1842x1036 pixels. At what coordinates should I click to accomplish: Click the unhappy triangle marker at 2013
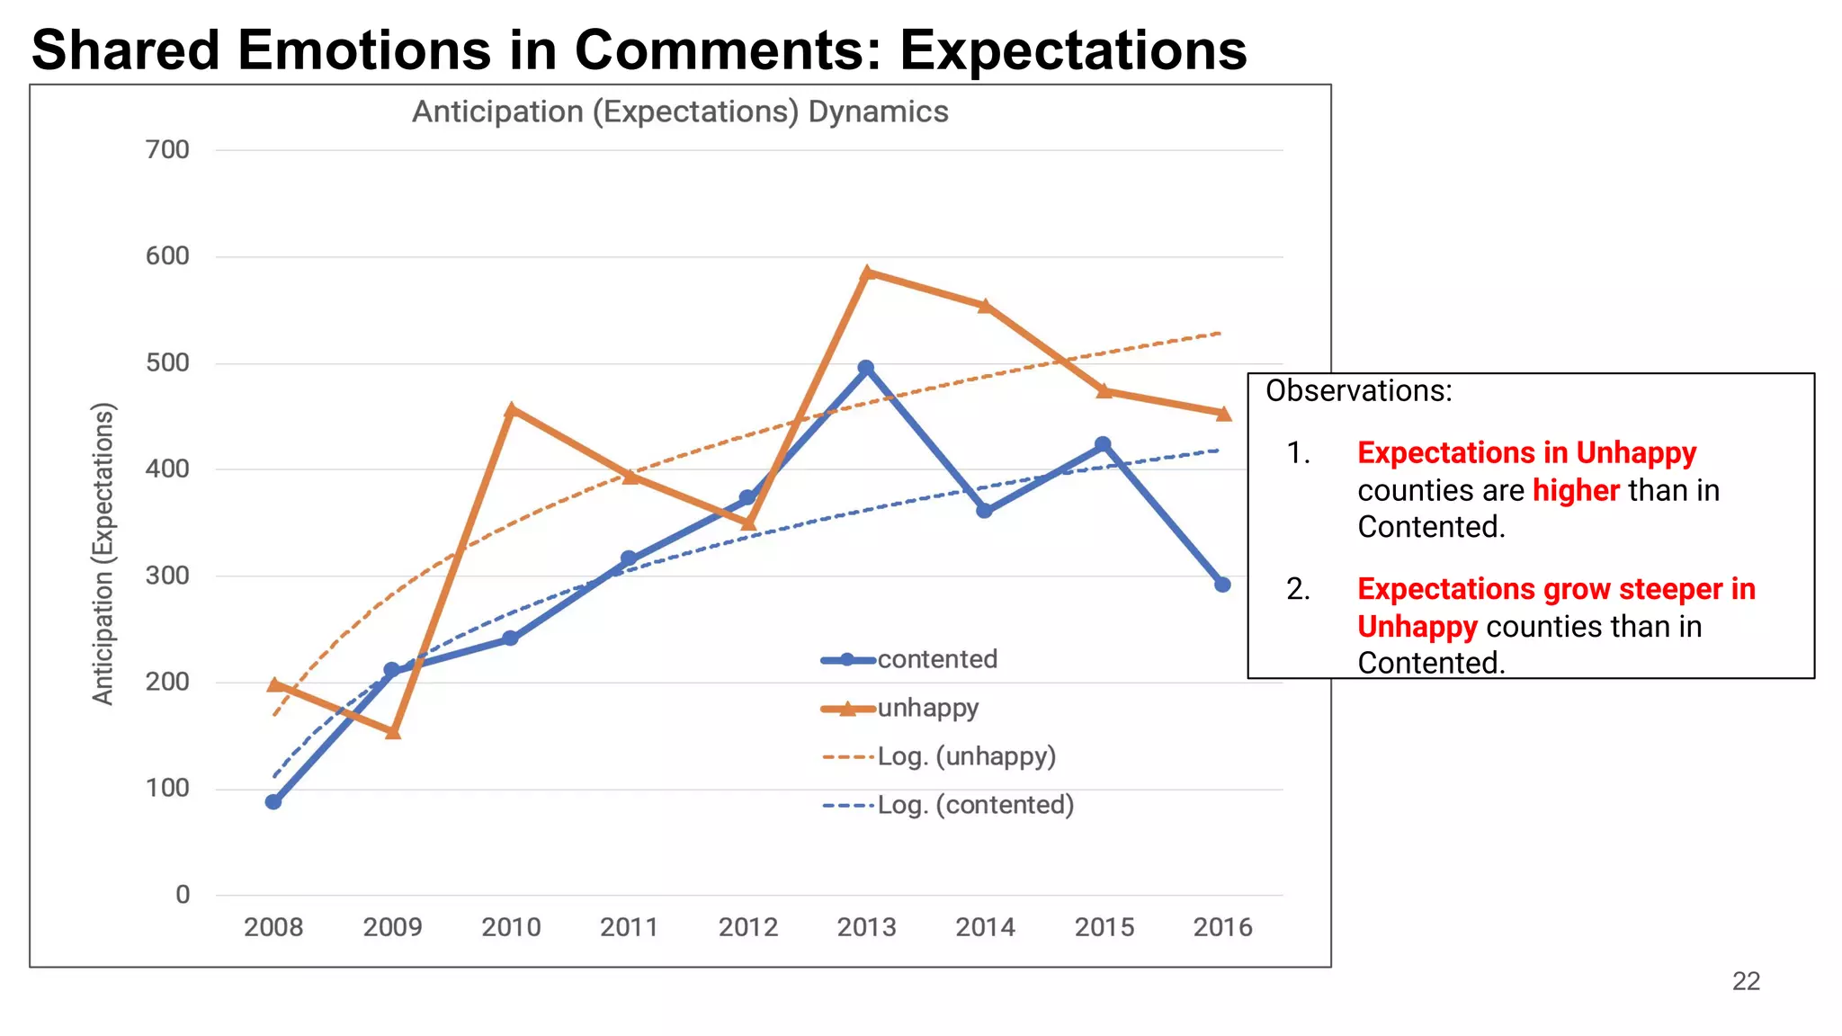click(x=866, y=272)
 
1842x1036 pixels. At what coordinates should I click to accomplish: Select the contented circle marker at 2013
click(x=865, y=368)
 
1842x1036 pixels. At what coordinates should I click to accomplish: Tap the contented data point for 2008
click(x=273, y=801)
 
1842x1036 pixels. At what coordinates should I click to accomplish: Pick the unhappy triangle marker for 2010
click(x=511, y=410)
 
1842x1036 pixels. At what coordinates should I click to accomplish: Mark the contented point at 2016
click(x=1222, y=585)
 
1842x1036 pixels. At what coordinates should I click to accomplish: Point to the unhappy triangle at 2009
click(x=393, y=732)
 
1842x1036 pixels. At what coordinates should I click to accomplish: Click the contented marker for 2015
click(x=1103, y=444)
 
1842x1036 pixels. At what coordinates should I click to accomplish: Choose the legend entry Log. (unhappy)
click(x=966, y=756)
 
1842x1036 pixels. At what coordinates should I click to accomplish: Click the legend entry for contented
click(x=937, y=659)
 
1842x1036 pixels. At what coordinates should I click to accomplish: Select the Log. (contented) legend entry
click(x=975, y=805)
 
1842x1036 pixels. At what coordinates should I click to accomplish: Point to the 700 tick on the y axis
click(x=168, y=149)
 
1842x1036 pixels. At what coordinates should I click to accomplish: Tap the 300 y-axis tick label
click(x=168, y=576)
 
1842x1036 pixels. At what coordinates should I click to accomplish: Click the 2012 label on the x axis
click(x=747, y=927)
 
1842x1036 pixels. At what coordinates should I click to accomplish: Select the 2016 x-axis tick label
click(x=1222, y=927)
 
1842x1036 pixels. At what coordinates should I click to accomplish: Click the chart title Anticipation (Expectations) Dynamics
click(x=680, y=112)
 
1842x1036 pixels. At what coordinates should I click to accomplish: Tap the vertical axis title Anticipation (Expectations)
click(x=103, y=554)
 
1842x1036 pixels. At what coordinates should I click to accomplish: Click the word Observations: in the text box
click(x=1358, y=391)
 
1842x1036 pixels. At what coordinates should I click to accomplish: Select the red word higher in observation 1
click(x=1576, y=491)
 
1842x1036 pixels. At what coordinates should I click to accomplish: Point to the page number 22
click(x=1745, y=981)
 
